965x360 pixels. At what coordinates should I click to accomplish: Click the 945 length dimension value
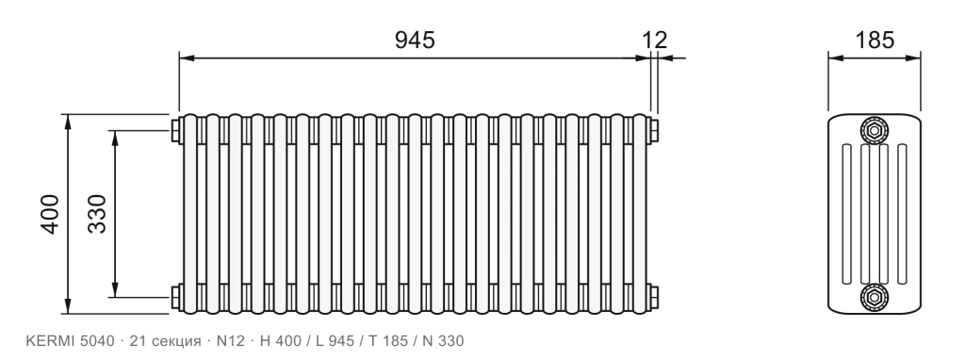(415, 40)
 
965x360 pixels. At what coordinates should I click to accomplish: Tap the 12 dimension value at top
(655, 40)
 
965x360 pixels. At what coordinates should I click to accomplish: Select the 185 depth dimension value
(875, 40)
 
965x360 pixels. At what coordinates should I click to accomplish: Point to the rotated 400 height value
(50, 214)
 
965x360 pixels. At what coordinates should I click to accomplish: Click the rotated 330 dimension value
(97, 214)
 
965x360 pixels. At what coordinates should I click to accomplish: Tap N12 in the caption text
(230, 341)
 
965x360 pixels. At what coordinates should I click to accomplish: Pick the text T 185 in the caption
(387, 341)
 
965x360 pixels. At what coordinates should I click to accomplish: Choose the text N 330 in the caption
(443, 341)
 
